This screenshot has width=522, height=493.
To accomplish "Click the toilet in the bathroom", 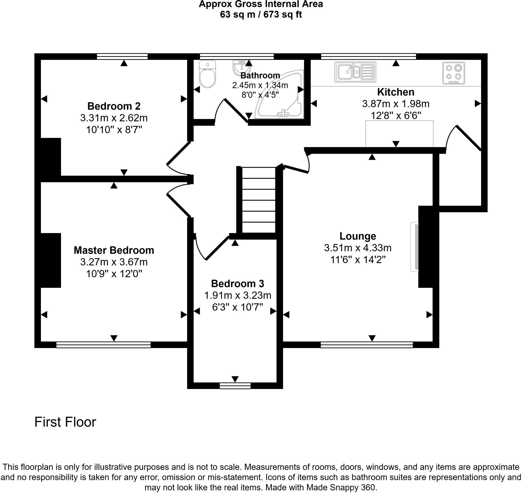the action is pos(207,75).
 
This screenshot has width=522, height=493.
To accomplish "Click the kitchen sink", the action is pos(355,72).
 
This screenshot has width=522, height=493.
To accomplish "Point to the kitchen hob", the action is pos(453,73).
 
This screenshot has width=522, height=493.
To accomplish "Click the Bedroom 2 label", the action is pos(114,106).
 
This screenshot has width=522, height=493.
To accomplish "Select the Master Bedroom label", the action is pos(114,250).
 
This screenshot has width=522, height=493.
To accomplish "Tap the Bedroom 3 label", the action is pos(237,284).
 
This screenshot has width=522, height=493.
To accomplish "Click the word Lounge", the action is pos(358,236).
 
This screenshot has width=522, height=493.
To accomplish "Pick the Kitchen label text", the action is pos(395,92).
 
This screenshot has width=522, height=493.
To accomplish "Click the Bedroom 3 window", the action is pos(235,386).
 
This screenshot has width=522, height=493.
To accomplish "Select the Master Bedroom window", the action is pos(103,345).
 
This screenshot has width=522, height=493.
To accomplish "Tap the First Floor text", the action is pos(65,422).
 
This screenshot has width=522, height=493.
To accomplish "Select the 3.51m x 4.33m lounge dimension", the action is pos(358,248).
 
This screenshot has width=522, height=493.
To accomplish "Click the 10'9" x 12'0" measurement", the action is pos(114,274).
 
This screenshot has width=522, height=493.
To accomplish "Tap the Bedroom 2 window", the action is pos(122,56).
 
